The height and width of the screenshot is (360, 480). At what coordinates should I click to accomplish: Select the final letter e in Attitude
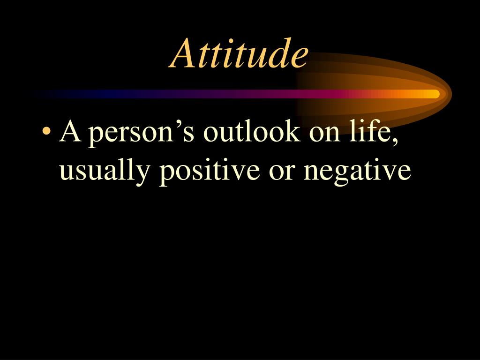click(300, 56)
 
